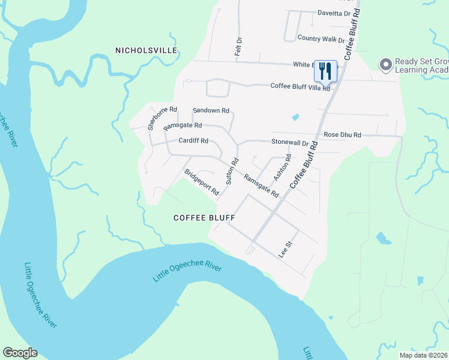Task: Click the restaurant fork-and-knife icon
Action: [x=325, y=71]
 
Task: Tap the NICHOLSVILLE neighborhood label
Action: [x=146, y=50]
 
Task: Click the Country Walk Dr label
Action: [x=321, y=38]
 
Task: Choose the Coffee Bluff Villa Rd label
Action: [x=300, y=86]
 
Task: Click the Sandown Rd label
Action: [x=211, y=110]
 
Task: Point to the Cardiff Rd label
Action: [x=193, y=141]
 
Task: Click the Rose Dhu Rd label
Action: [x=342, y=135]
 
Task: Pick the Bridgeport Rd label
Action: [x=201, y=182]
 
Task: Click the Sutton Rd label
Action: [x=232, y=170]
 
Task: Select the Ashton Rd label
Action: [x=282, y=167]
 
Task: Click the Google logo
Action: [x=20, y=353]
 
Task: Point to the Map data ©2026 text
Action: [x=423, y=355]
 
